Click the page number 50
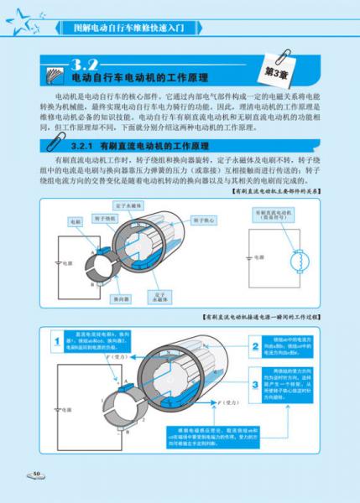click(x=39, y=474)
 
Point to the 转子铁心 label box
click(x=205, y=220)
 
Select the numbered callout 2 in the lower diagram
click(x=255, y=345)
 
